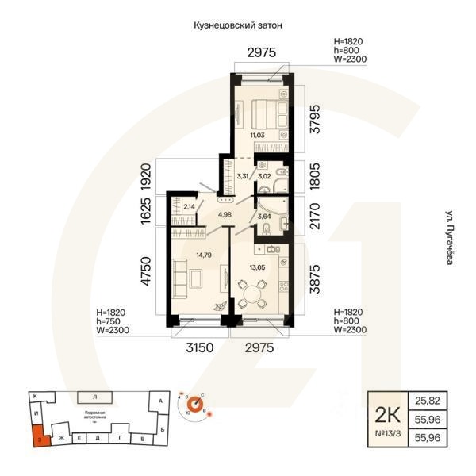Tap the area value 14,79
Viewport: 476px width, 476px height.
point(203,255)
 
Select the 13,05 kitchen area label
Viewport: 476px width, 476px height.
point(257,267)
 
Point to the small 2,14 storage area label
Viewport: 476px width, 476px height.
point(189,207)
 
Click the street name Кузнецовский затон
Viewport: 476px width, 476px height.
point(238,25)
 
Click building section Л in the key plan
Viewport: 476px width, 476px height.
point(94,395)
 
